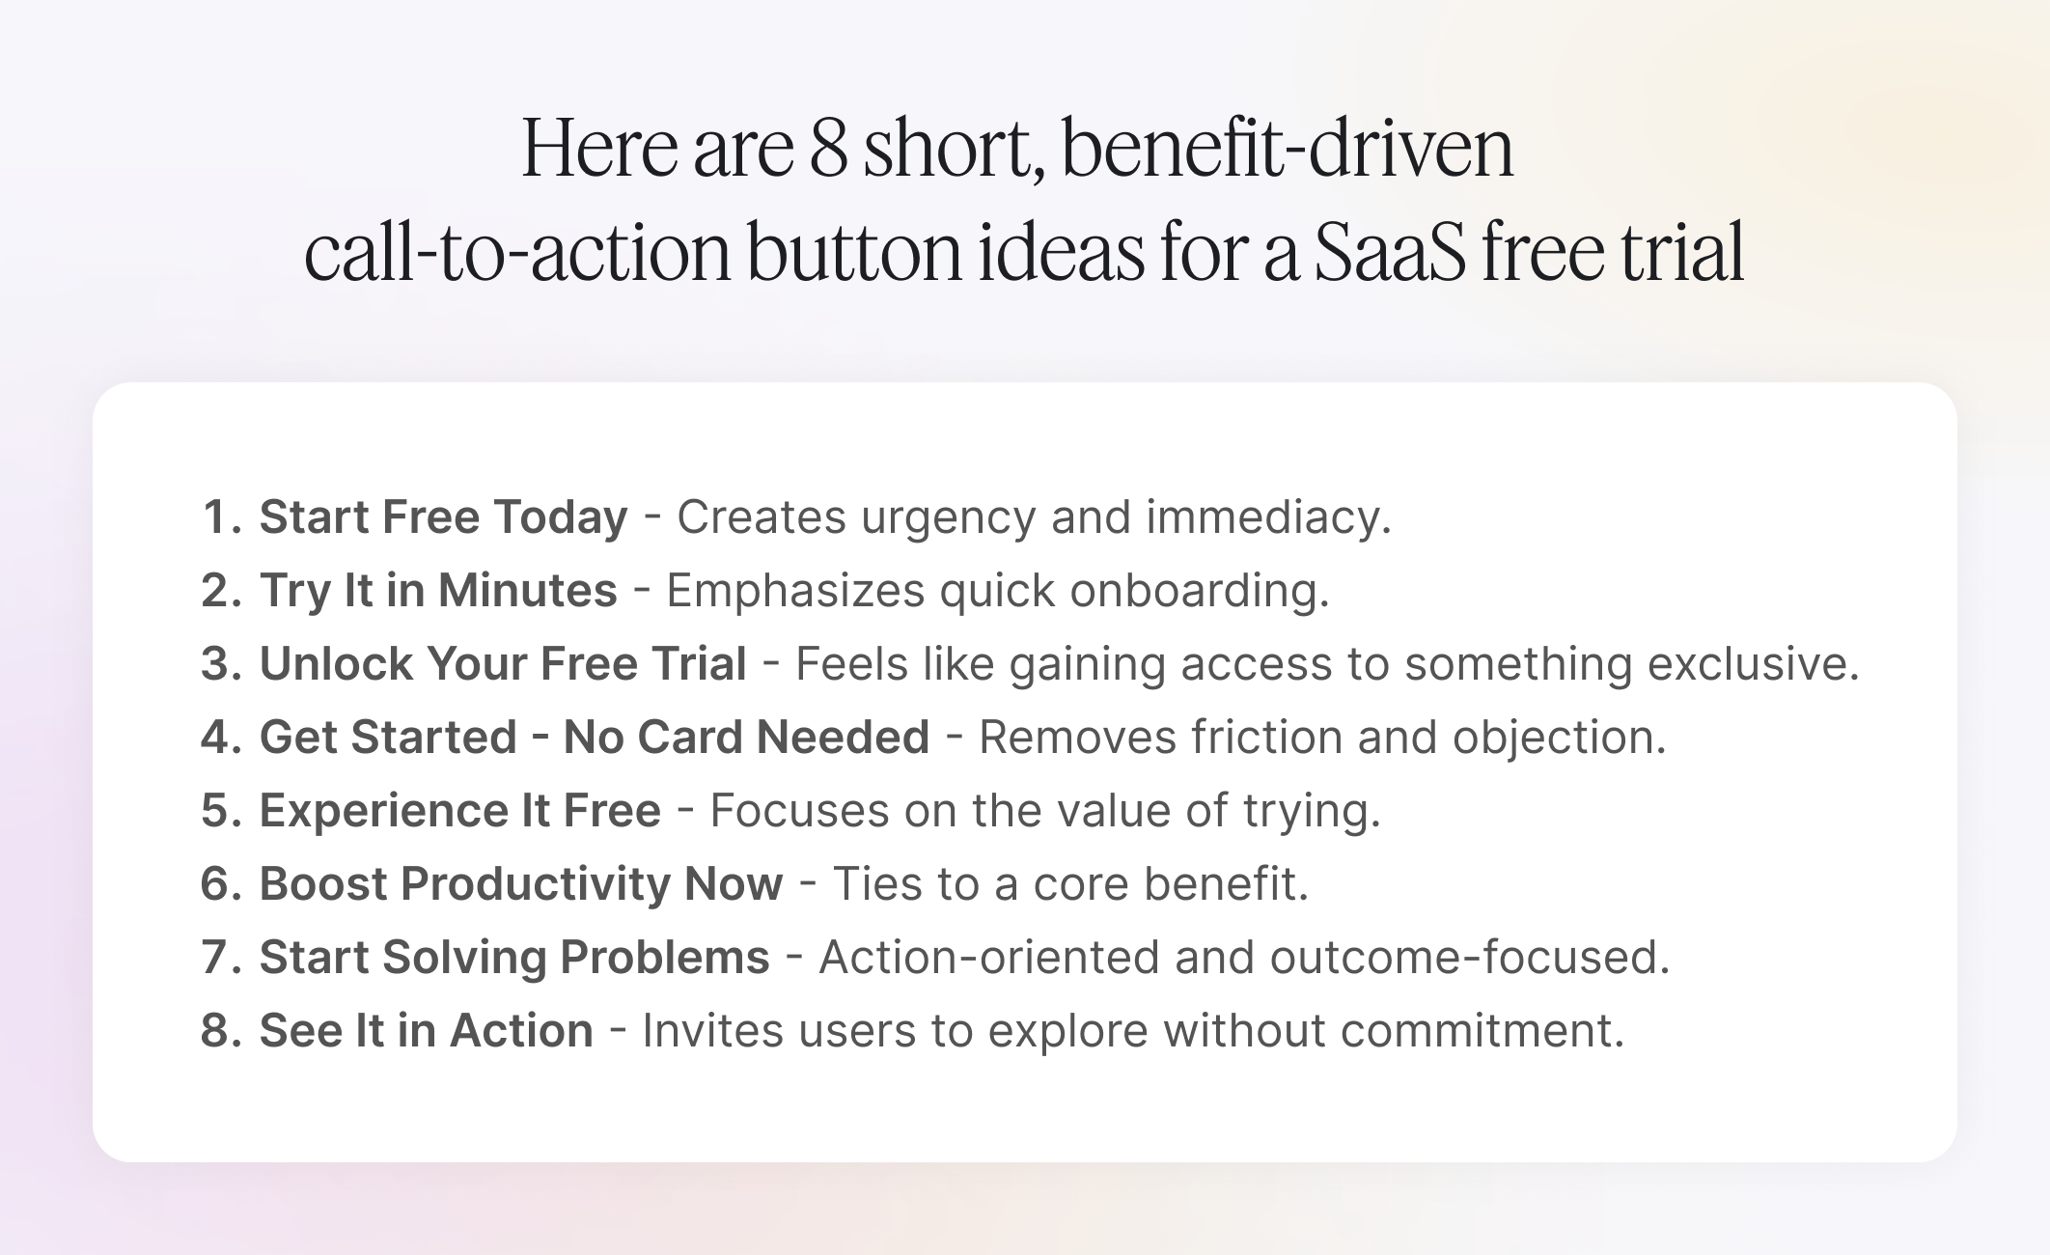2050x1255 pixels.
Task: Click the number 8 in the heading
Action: (827, 150)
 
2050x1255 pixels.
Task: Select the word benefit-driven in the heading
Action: (1287, 150)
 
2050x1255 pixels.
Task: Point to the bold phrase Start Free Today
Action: (443, 516)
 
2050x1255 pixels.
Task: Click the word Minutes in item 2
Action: (527, 590)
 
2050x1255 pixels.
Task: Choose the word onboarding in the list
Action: (1199, 590)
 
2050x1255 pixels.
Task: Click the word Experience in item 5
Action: (382, 810)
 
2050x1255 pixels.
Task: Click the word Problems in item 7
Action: (664, 957)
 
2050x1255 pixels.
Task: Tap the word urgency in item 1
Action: (948, 517)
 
